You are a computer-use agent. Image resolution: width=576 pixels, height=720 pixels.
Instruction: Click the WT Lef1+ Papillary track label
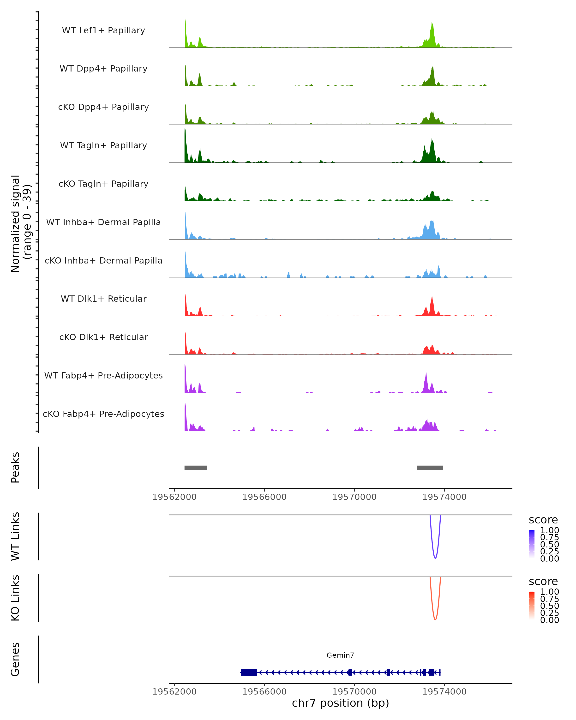[x=103, y=30]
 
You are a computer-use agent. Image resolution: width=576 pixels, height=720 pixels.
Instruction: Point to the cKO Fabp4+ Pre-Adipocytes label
[x=103, y=414]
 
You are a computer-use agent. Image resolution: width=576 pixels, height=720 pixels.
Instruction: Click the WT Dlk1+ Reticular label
[x=103, y=299]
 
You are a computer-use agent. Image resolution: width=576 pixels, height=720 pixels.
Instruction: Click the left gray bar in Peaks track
[x=196, y=468]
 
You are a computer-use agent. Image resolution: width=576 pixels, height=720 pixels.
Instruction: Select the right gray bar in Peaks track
[x=430, y=468]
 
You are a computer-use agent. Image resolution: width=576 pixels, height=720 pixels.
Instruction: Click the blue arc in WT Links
[x=435, y=558]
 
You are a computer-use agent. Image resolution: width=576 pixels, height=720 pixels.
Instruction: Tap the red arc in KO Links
[x=435, y=619]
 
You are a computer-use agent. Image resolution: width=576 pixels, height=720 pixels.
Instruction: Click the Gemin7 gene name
[x=340, y=655]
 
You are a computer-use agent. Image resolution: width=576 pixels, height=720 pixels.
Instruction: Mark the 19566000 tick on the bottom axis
[x=264, y=692]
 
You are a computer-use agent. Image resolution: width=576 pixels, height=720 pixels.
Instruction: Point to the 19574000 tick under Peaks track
[x=444, y=497]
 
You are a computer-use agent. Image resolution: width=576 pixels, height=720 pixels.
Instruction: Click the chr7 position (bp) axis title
[x=340, y=703]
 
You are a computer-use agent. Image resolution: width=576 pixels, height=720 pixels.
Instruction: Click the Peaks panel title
[x=15, y=468]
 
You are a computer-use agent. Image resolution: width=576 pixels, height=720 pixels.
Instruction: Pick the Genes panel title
[x=15, y=659]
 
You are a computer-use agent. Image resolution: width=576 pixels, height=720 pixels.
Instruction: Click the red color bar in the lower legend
[x=532, y=606]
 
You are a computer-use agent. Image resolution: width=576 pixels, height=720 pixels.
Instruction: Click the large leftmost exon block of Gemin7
[x=249, y=672]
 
